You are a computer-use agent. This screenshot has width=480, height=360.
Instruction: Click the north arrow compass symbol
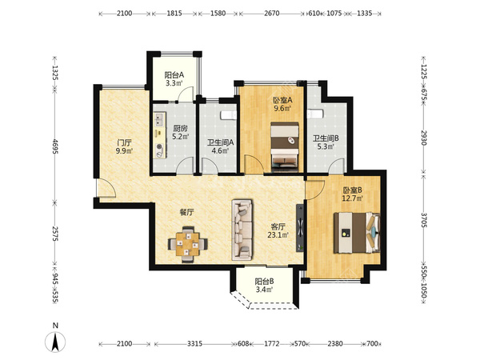[x=55, y=342]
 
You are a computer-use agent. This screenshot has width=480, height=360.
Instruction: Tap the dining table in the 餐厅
[x=188, y=244]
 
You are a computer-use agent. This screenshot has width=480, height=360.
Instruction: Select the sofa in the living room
[x=242, y=230]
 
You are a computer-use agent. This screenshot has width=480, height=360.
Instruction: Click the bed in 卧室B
[x=357, y=233]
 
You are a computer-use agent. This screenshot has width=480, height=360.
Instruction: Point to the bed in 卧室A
[x=285, y=146]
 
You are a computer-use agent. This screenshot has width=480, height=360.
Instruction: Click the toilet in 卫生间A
[x=229, y=115]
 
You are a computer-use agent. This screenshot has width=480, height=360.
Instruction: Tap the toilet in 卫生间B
[x=315, y=114]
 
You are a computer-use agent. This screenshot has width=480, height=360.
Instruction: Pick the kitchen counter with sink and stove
[x=159, y=135]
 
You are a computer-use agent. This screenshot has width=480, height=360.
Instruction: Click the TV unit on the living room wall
[x=300, y=228]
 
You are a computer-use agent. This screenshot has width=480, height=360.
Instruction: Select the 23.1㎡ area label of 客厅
[x=278, y=234]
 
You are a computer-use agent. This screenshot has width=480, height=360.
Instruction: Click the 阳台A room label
[x=174, y=75]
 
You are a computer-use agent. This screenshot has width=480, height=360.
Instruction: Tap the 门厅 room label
[x=124, y=142]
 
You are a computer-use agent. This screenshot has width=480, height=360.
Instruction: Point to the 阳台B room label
[x=264, y=282]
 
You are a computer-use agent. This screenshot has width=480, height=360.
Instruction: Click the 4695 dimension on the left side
[x=55, y=146]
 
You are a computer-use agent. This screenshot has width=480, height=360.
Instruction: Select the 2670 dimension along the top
[x=271, y=13]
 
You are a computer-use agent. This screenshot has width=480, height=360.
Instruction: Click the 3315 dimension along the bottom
[x=194, y=343]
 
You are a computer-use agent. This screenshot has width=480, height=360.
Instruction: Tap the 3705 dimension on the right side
[x=424, y=220]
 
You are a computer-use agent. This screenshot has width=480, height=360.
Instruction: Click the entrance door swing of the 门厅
[x=106, y=187]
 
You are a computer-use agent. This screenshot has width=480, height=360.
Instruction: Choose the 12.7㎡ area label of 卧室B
[x=352, y=198]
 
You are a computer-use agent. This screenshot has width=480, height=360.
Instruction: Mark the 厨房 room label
[x=180, y=129]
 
